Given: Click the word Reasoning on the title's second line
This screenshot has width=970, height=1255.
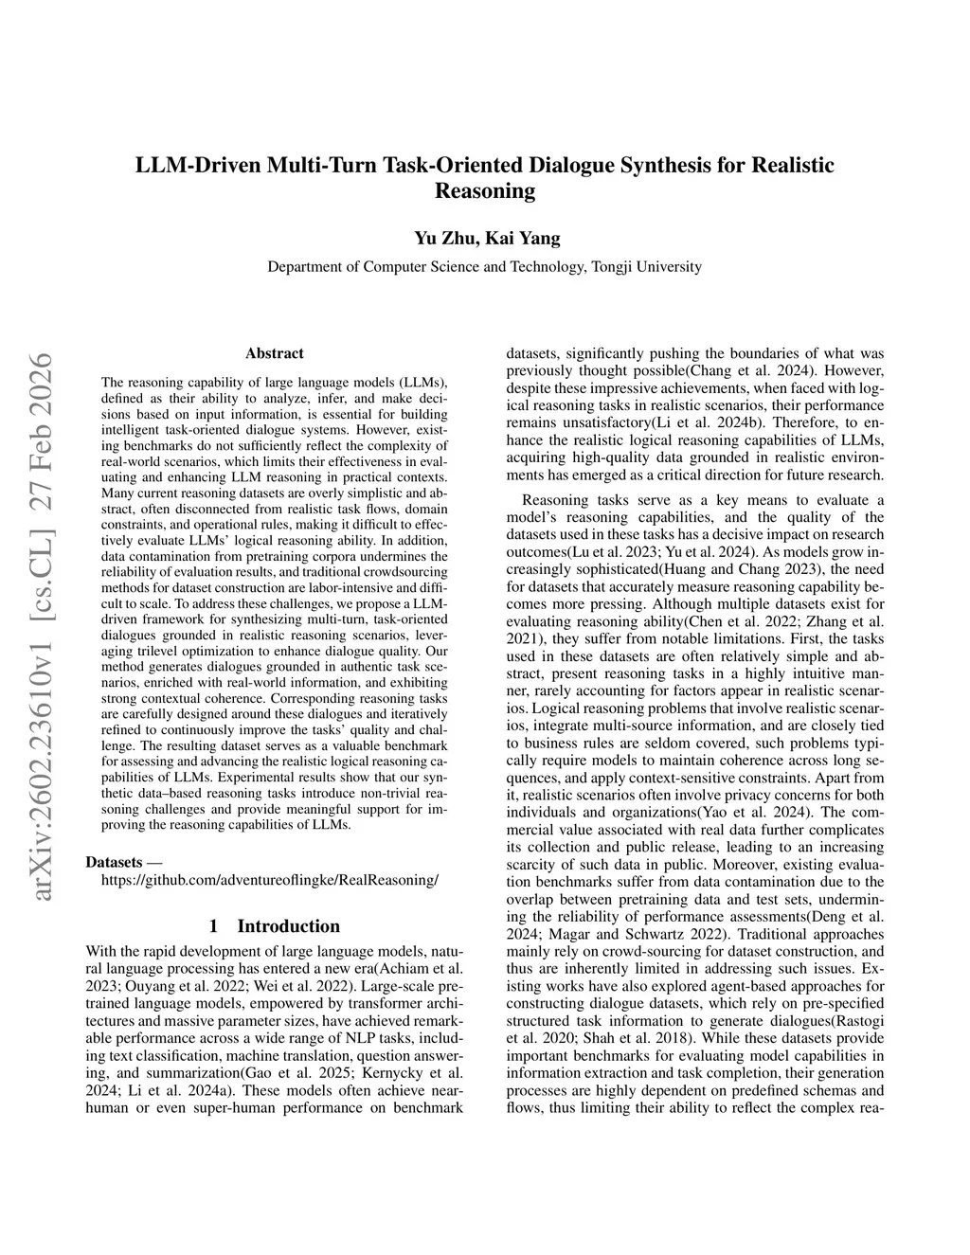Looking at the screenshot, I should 484,190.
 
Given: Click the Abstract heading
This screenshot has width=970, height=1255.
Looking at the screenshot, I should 274,353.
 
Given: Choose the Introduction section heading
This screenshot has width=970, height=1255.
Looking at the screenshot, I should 288,925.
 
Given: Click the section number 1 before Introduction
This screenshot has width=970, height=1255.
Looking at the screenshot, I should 213,925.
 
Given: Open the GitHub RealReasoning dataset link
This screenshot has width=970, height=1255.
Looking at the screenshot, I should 269,880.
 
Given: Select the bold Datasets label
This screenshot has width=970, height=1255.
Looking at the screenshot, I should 115,862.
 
